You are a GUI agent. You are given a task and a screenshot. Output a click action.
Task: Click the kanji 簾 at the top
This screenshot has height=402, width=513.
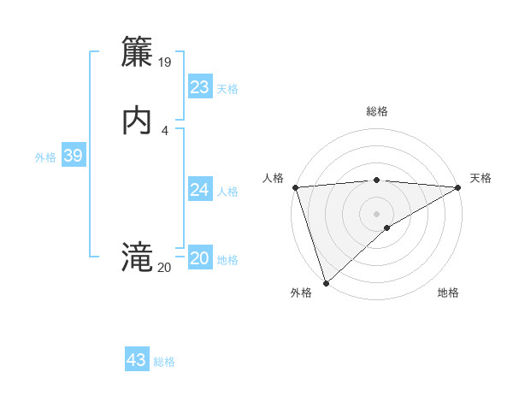137,53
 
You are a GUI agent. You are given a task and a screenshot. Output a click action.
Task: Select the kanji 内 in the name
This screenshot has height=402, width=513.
137,121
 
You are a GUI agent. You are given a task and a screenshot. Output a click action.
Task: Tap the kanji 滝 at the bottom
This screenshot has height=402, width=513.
137,256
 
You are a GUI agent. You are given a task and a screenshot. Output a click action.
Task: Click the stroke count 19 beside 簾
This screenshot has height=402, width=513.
165,62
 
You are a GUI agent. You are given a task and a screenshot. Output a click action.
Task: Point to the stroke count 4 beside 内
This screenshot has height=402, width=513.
164,130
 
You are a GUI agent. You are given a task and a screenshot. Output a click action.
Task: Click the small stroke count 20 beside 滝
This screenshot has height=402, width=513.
164,267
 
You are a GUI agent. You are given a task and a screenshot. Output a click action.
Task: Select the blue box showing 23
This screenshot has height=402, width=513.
200,87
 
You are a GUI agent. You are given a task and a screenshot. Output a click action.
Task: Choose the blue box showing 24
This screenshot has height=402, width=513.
200,190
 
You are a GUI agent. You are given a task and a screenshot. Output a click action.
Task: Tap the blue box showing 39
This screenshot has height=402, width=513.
73,156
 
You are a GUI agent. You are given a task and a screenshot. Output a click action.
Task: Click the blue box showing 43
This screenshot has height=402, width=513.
137,360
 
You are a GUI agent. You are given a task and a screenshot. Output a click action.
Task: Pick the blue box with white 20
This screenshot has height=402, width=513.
200,258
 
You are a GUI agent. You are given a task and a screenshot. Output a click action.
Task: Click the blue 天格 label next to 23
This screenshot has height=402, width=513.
227,89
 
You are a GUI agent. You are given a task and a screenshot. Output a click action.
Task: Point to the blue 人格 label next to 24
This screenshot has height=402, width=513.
227,192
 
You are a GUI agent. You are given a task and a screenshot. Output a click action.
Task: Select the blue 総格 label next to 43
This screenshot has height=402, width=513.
164,362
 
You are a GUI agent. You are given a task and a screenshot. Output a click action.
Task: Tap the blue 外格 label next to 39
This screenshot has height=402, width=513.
45,157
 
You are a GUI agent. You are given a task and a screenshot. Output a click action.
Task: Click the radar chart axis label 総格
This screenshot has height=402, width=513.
377,111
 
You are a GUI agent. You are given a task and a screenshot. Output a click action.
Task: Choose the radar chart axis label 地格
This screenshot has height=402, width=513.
448,293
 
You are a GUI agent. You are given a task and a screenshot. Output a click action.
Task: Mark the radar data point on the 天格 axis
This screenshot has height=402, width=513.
458,187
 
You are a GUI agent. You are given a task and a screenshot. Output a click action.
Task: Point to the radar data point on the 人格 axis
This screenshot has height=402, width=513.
295,187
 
